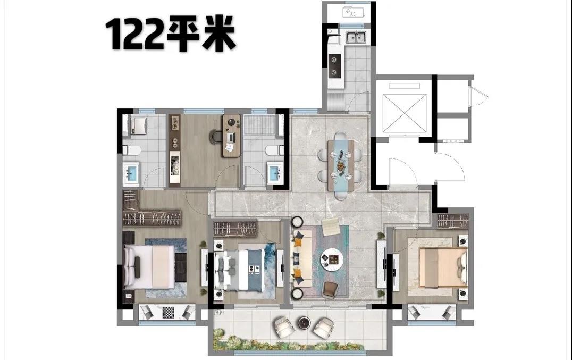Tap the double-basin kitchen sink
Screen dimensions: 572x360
[356, 37]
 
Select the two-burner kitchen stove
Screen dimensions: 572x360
[334, 65]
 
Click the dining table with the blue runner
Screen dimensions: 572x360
[341, 166]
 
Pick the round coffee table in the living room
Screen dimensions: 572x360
[332, 259]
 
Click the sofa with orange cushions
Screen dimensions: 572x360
[299, 258]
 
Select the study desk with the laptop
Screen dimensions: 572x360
[231, 136]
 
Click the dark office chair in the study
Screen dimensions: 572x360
[216, 136]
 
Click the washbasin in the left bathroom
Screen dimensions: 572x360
[131, 172]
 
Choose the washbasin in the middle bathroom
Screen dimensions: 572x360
[275, 172]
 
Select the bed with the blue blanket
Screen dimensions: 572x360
[239, 270]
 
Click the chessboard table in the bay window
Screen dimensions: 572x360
[168, 313]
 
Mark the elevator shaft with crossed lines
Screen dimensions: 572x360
[405, 113]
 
